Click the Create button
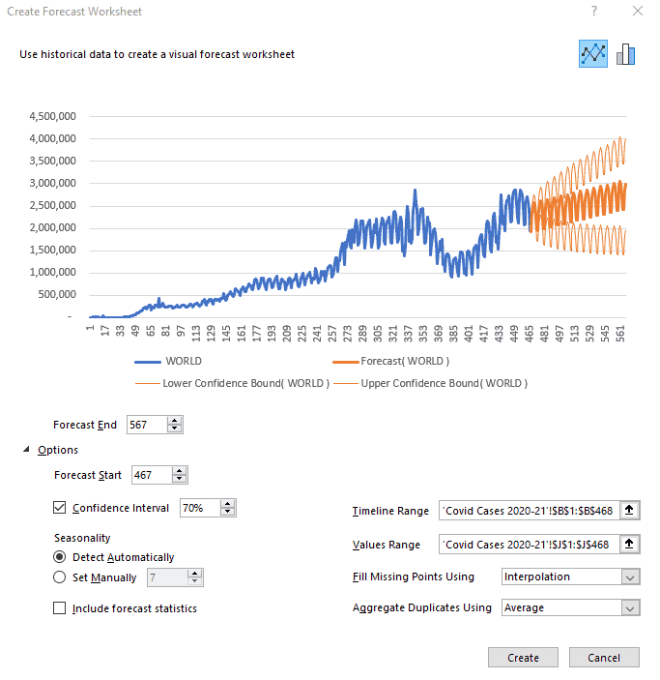click(x=523, y=658)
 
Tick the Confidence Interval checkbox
click(x=60, y=508)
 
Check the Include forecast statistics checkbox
click(x=60, y=608)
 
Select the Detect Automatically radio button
click(x=60, y=557)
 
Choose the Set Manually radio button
click(x=60, y=577)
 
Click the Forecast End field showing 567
click(x=146, y=425)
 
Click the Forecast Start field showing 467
click(x=150, y=475)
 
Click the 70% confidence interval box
click(x=199, y=508)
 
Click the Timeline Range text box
click(x=528, y=512)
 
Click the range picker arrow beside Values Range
click(x=630, y=545)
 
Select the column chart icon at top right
click(x=625, y=54)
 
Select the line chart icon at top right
click(x=593, y=54)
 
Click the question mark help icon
click(x=593, y=11)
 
